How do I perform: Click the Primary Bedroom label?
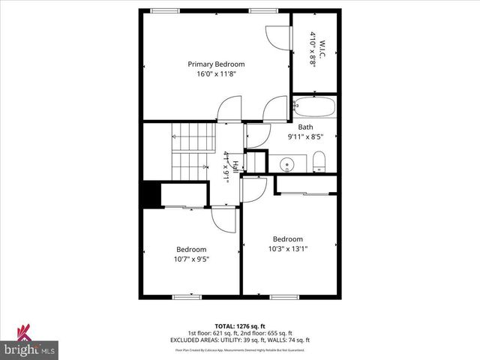(216, 64)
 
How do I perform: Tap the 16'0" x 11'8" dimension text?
(216, 74)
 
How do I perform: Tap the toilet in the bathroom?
(318, 160)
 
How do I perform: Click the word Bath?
(305, 127)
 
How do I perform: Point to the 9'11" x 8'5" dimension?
(305, 136)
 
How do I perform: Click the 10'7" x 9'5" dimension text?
(191, 259)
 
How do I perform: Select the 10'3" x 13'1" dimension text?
(288, 249)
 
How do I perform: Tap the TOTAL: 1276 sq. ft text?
(239, 327)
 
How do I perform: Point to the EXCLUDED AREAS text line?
(239, 340)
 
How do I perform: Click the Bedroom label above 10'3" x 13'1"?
(288, 239)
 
